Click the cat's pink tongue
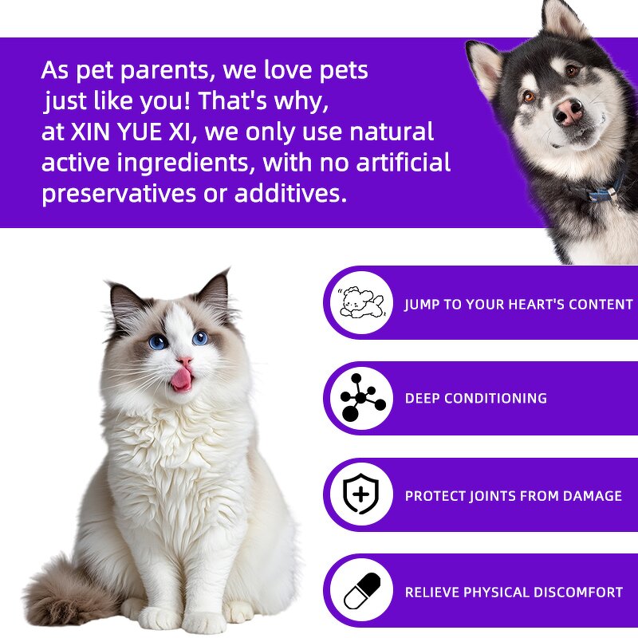point(182,378)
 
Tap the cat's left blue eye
point(158,341)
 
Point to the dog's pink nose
point(568,112)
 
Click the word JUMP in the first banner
point(423,305)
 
